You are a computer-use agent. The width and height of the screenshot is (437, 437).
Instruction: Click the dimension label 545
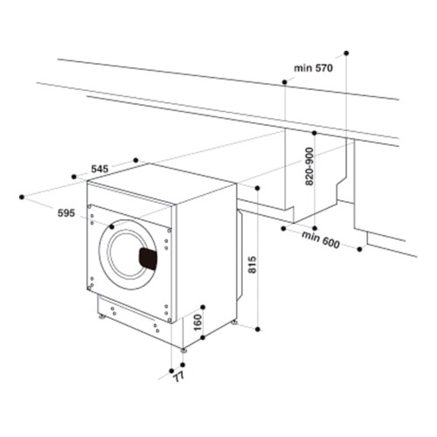point(100,169)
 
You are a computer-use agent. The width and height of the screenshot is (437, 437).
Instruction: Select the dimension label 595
point(66,213)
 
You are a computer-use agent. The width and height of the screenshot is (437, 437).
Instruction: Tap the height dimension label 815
point(253,265)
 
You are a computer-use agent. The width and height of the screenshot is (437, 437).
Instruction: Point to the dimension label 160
point(198,323)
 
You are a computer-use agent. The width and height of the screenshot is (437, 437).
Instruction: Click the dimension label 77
point(179,377)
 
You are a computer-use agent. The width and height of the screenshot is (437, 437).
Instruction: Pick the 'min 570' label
point(313,68)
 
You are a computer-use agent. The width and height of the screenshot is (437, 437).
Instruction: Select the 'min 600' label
point(321,240)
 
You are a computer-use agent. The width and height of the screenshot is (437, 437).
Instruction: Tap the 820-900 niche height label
point(309,166)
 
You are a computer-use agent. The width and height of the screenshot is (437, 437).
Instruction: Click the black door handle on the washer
point(148,259)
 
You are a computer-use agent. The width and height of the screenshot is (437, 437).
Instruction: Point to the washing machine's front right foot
point(184,350)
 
